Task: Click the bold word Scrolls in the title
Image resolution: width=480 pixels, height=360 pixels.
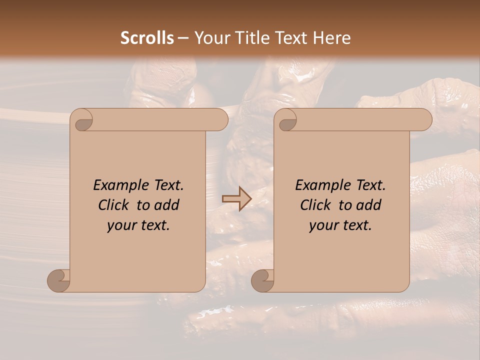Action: pyautogui.click(x=147, y=38)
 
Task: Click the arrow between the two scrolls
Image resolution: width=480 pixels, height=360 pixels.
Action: pyautogui.click(x=237, y=199)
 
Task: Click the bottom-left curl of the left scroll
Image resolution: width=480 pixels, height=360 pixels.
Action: pyautogui.click(x=58, y=280)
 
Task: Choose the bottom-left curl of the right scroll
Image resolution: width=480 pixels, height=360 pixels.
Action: pyautogui.click(x=262, y=280)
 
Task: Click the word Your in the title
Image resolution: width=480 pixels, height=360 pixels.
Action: pyautogui.click(x=209, y=38)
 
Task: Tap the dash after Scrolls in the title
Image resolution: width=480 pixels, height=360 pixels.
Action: pyautogui.click(x=183, y=38)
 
